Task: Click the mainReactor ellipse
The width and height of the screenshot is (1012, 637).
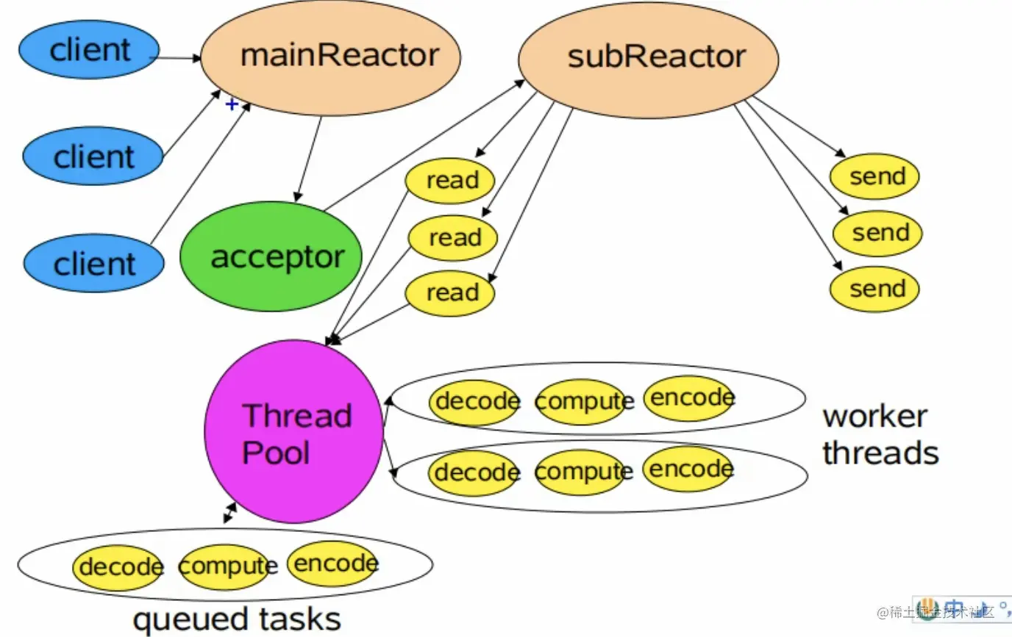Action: [331, 58]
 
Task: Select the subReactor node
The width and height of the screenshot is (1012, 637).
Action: [649, 60]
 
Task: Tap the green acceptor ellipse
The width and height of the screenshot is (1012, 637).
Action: [271, 256]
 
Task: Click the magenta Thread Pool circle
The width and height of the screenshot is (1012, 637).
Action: [294, 431]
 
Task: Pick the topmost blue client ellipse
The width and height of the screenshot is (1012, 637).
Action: [89, 49]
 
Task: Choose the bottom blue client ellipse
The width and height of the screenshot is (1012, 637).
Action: [94, 263]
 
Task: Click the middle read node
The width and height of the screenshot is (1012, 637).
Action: [453, 238]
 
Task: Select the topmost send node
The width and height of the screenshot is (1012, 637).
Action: [874, 176]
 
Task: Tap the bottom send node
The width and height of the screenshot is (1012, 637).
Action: [874, 289]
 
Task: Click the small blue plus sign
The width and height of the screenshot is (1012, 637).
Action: [232, 104]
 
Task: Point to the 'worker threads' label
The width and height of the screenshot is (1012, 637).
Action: [880, 434]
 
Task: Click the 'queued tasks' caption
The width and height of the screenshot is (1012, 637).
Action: [237, 619]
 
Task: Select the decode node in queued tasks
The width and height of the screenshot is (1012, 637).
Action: [118, 567]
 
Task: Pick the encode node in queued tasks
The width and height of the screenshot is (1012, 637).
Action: [333, 564]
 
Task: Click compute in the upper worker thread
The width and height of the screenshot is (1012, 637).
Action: [583, 401]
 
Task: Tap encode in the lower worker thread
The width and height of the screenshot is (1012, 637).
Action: [689, 469]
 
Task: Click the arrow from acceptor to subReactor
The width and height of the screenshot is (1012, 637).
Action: [424, 145]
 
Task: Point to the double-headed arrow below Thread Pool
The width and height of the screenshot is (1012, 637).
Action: [230, 513]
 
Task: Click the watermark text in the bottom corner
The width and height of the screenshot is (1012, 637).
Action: [936, 612]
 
